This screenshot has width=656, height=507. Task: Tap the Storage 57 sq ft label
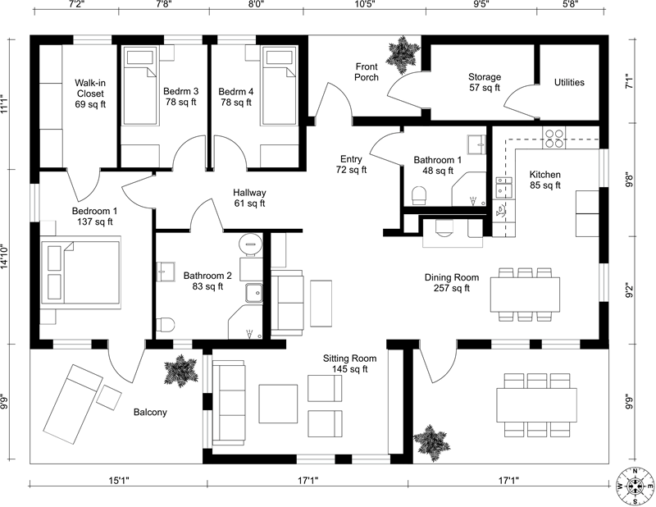click(485, 82)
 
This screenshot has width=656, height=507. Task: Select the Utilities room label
click(569, 82)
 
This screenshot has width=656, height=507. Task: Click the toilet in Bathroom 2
click(165, 325)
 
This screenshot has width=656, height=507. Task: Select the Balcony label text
click(150, 412)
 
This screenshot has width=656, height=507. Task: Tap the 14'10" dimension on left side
click(6, 257)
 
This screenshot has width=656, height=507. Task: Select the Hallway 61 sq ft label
click(250, 198)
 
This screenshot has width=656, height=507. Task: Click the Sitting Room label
click(349, 364)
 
